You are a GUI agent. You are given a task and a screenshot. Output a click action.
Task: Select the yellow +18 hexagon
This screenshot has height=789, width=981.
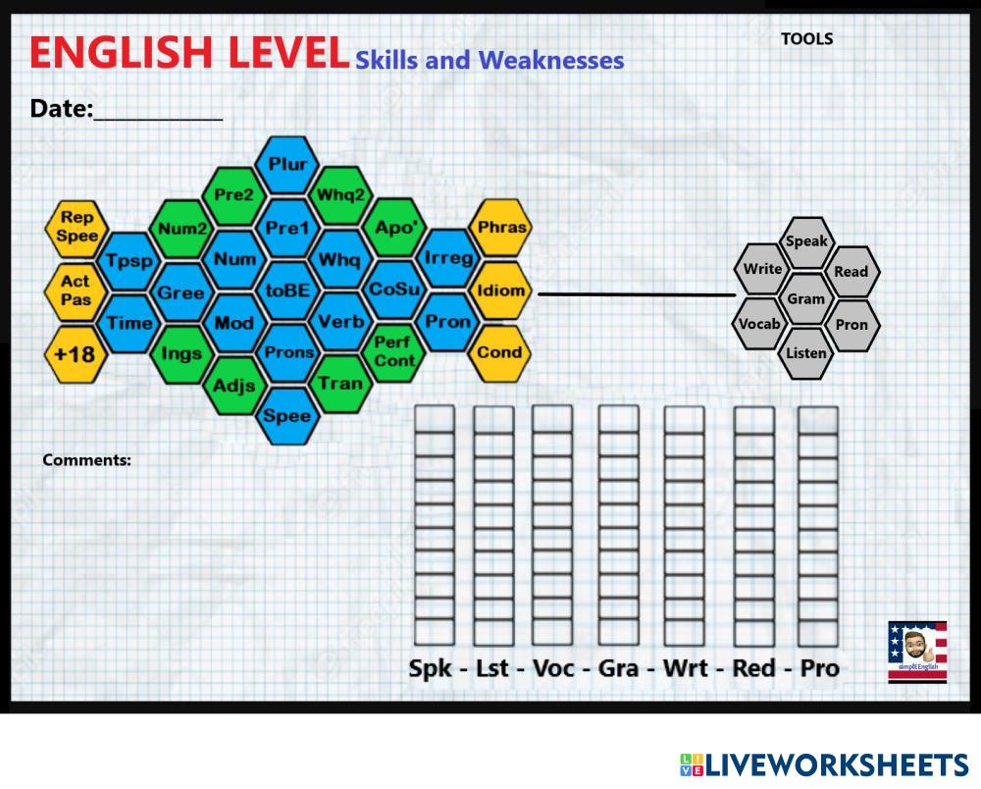75,353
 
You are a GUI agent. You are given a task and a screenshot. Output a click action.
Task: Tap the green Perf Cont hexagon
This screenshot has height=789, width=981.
394,351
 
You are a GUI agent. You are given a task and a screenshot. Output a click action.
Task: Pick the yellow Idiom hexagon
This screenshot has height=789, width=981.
500,290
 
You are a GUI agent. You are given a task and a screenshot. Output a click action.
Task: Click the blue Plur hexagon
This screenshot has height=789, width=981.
288,164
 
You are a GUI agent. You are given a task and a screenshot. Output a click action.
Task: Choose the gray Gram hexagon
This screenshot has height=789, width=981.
806,298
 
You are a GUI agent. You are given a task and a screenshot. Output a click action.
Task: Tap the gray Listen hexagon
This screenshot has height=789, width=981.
806,352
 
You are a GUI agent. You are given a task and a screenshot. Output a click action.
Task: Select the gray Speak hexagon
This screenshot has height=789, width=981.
806,241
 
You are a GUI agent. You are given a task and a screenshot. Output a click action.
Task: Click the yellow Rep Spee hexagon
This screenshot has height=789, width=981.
77,228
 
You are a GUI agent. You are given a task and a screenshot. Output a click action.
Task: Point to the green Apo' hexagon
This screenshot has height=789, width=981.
395,226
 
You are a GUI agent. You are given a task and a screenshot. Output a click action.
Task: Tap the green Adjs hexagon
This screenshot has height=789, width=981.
235,385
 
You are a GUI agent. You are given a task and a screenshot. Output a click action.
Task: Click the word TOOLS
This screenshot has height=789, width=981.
807,39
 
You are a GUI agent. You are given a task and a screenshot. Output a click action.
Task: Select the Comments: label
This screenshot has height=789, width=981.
86,459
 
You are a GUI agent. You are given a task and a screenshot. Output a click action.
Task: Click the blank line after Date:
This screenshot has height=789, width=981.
158,110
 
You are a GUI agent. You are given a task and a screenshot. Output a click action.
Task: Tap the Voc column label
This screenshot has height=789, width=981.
553,668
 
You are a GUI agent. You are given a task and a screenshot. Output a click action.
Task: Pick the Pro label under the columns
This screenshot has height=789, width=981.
819,668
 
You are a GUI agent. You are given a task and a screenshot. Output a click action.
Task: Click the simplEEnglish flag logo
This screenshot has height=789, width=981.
917,651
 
